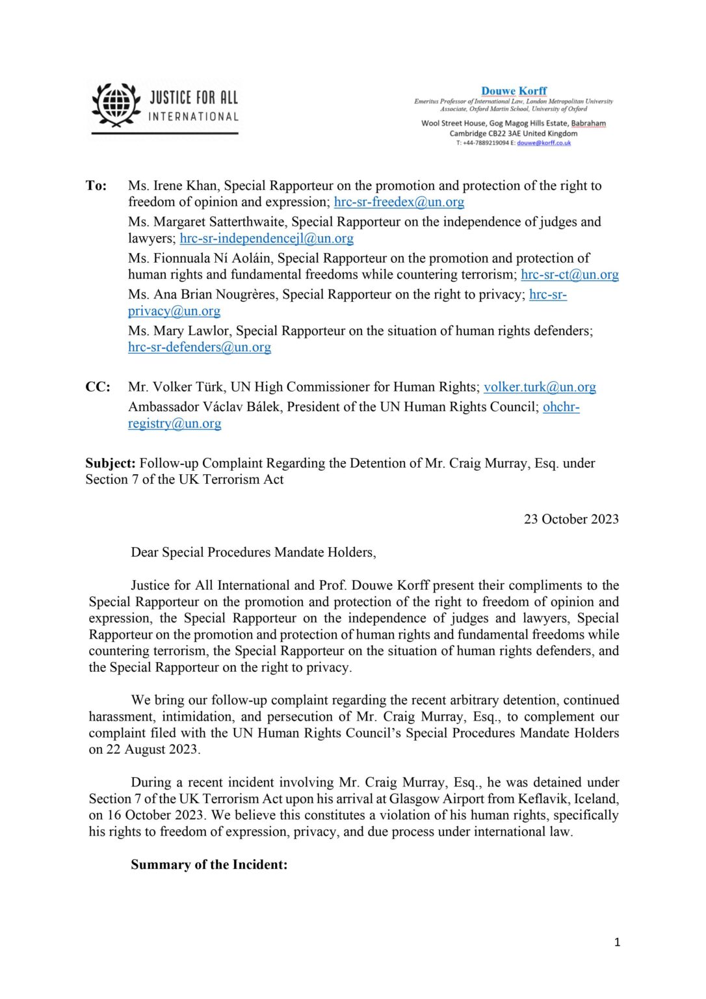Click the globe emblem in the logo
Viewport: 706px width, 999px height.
(x=116, y=104)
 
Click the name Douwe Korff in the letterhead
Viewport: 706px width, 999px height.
(x=514, y=91)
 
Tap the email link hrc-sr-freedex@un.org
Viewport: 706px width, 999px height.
(x=399, y=202)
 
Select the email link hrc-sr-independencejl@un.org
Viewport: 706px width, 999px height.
(x=267, y=239)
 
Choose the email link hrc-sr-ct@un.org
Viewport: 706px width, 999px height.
(x=569, y=274)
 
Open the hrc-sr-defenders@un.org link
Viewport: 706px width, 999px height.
(x=200, y=347)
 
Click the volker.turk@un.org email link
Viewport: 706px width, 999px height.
(x=540, y=388)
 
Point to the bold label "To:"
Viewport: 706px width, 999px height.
(x=96, y=186)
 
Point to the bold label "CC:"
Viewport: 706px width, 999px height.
(x=98, y=388)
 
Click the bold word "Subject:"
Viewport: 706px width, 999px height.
(x=111, y=464)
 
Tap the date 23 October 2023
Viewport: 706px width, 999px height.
(x=571, y=520)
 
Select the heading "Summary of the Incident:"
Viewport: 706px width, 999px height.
(x=209, y=865)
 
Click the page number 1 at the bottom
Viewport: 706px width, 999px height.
(x=617, y=942)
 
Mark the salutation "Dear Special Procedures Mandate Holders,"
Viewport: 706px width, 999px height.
(x=253, y=553)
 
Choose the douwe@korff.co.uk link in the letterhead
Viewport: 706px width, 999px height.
(x=543, y=143)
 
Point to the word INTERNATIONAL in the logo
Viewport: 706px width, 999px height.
(x=193, y=117)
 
